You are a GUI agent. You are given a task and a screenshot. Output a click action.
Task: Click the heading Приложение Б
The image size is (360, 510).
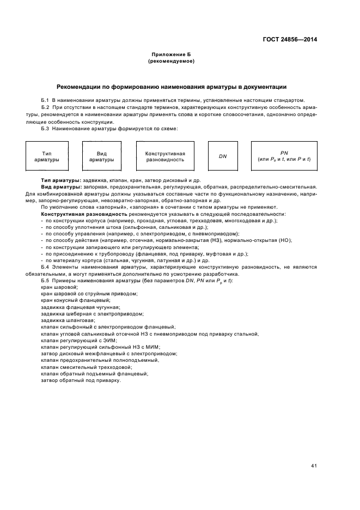click(172, 55)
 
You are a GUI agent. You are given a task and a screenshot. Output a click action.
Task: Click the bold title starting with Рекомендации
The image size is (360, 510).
click(172, 87)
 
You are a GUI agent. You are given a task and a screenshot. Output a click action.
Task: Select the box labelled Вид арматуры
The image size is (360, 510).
click(101, 157)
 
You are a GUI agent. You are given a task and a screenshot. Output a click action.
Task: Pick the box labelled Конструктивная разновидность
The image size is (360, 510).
click(165, 157)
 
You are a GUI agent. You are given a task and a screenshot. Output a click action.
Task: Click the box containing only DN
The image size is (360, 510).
click(223, 157)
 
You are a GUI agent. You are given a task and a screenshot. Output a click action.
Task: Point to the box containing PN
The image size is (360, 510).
click(283, 157)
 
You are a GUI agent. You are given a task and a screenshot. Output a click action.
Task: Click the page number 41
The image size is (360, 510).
click(314, 465)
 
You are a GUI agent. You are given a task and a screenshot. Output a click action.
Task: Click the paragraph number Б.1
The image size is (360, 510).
click(45, 100)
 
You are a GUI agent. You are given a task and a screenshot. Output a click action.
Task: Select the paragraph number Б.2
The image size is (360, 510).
click(45, 108)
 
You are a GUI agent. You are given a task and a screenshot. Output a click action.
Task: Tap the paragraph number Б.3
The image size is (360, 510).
click(45, 129)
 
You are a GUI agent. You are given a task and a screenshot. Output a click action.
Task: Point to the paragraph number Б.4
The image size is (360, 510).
click(45, 267)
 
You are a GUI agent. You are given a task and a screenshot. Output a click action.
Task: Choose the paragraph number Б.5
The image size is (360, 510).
click(45, 280)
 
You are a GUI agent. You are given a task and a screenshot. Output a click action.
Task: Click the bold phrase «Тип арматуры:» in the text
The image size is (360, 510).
click(60, 180)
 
